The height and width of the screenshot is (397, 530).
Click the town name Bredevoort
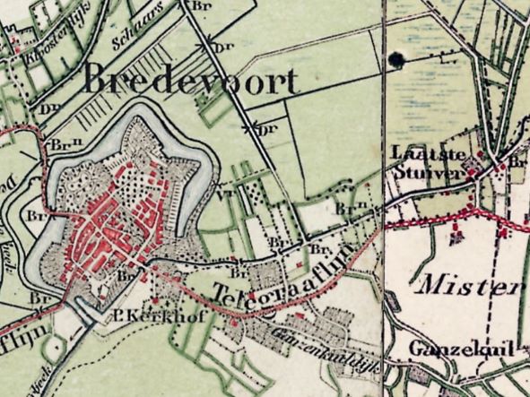coord(189,82)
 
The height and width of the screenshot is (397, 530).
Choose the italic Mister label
coord(468,288)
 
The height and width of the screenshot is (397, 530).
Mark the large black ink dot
coord(395,60)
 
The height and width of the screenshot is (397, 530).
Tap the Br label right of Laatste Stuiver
coord(516,162)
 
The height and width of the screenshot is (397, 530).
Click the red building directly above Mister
coord(456,238)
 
